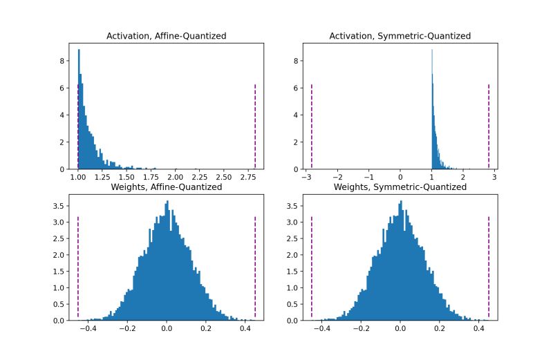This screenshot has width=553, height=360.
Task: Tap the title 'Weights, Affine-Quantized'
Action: tap(167, 187)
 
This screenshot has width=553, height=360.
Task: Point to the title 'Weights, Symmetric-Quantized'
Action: tap(400, 187)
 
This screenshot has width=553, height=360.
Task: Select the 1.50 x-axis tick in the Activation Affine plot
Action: tap(127, 178)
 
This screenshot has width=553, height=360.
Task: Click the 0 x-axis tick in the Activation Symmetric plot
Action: tap(400, 178)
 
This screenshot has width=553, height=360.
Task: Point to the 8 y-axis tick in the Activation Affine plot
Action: tap(62, 60)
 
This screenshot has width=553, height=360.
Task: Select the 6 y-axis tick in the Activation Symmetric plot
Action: tap(295, 88)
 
